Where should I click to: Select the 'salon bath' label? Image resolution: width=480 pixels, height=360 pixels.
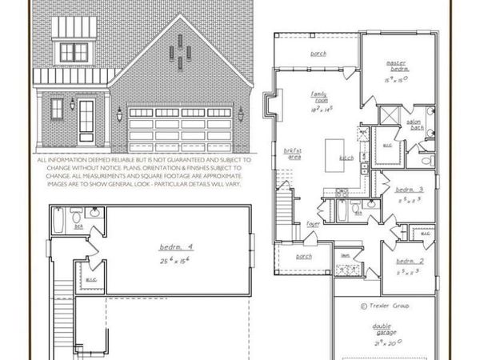416,124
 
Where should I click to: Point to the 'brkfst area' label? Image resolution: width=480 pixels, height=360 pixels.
293,153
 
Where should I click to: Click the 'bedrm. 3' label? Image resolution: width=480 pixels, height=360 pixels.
410,190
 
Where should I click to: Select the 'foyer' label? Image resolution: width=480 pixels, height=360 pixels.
313,224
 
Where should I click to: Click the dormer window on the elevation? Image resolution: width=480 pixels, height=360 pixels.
74,52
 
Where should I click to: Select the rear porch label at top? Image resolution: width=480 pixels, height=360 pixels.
318,54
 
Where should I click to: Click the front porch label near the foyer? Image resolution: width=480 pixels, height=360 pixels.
304,257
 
